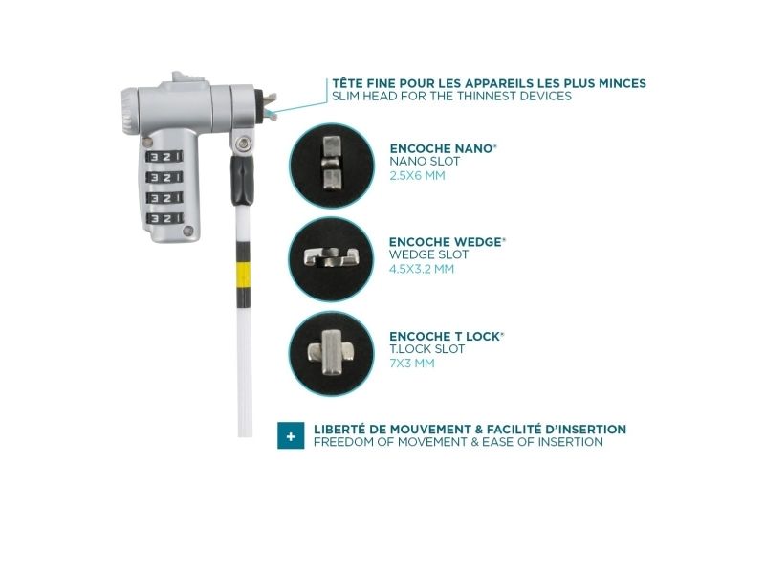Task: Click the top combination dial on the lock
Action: click(x=164, y=157)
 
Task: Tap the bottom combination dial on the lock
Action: click(x=164, y=218)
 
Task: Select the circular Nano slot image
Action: click(x=332, y=165)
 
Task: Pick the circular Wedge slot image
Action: click(x=331, y=258)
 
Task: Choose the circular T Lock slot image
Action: click(x=331, y=353)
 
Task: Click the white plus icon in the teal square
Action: click(x=291, y=436)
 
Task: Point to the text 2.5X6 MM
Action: click(x=417, y=176)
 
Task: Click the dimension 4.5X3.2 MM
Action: click(x=422, y=269)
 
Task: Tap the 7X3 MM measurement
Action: click(x=412, y=364)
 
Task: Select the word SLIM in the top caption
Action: click(x=344, y=96)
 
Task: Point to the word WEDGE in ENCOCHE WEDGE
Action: click(x=477, y=242)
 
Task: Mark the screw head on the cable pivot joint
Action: click(x=242, y=143)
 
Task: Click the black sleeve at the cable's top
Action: click(x=242, y=180)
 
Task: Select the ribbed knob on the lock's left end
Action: click(x=128, y=113)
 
